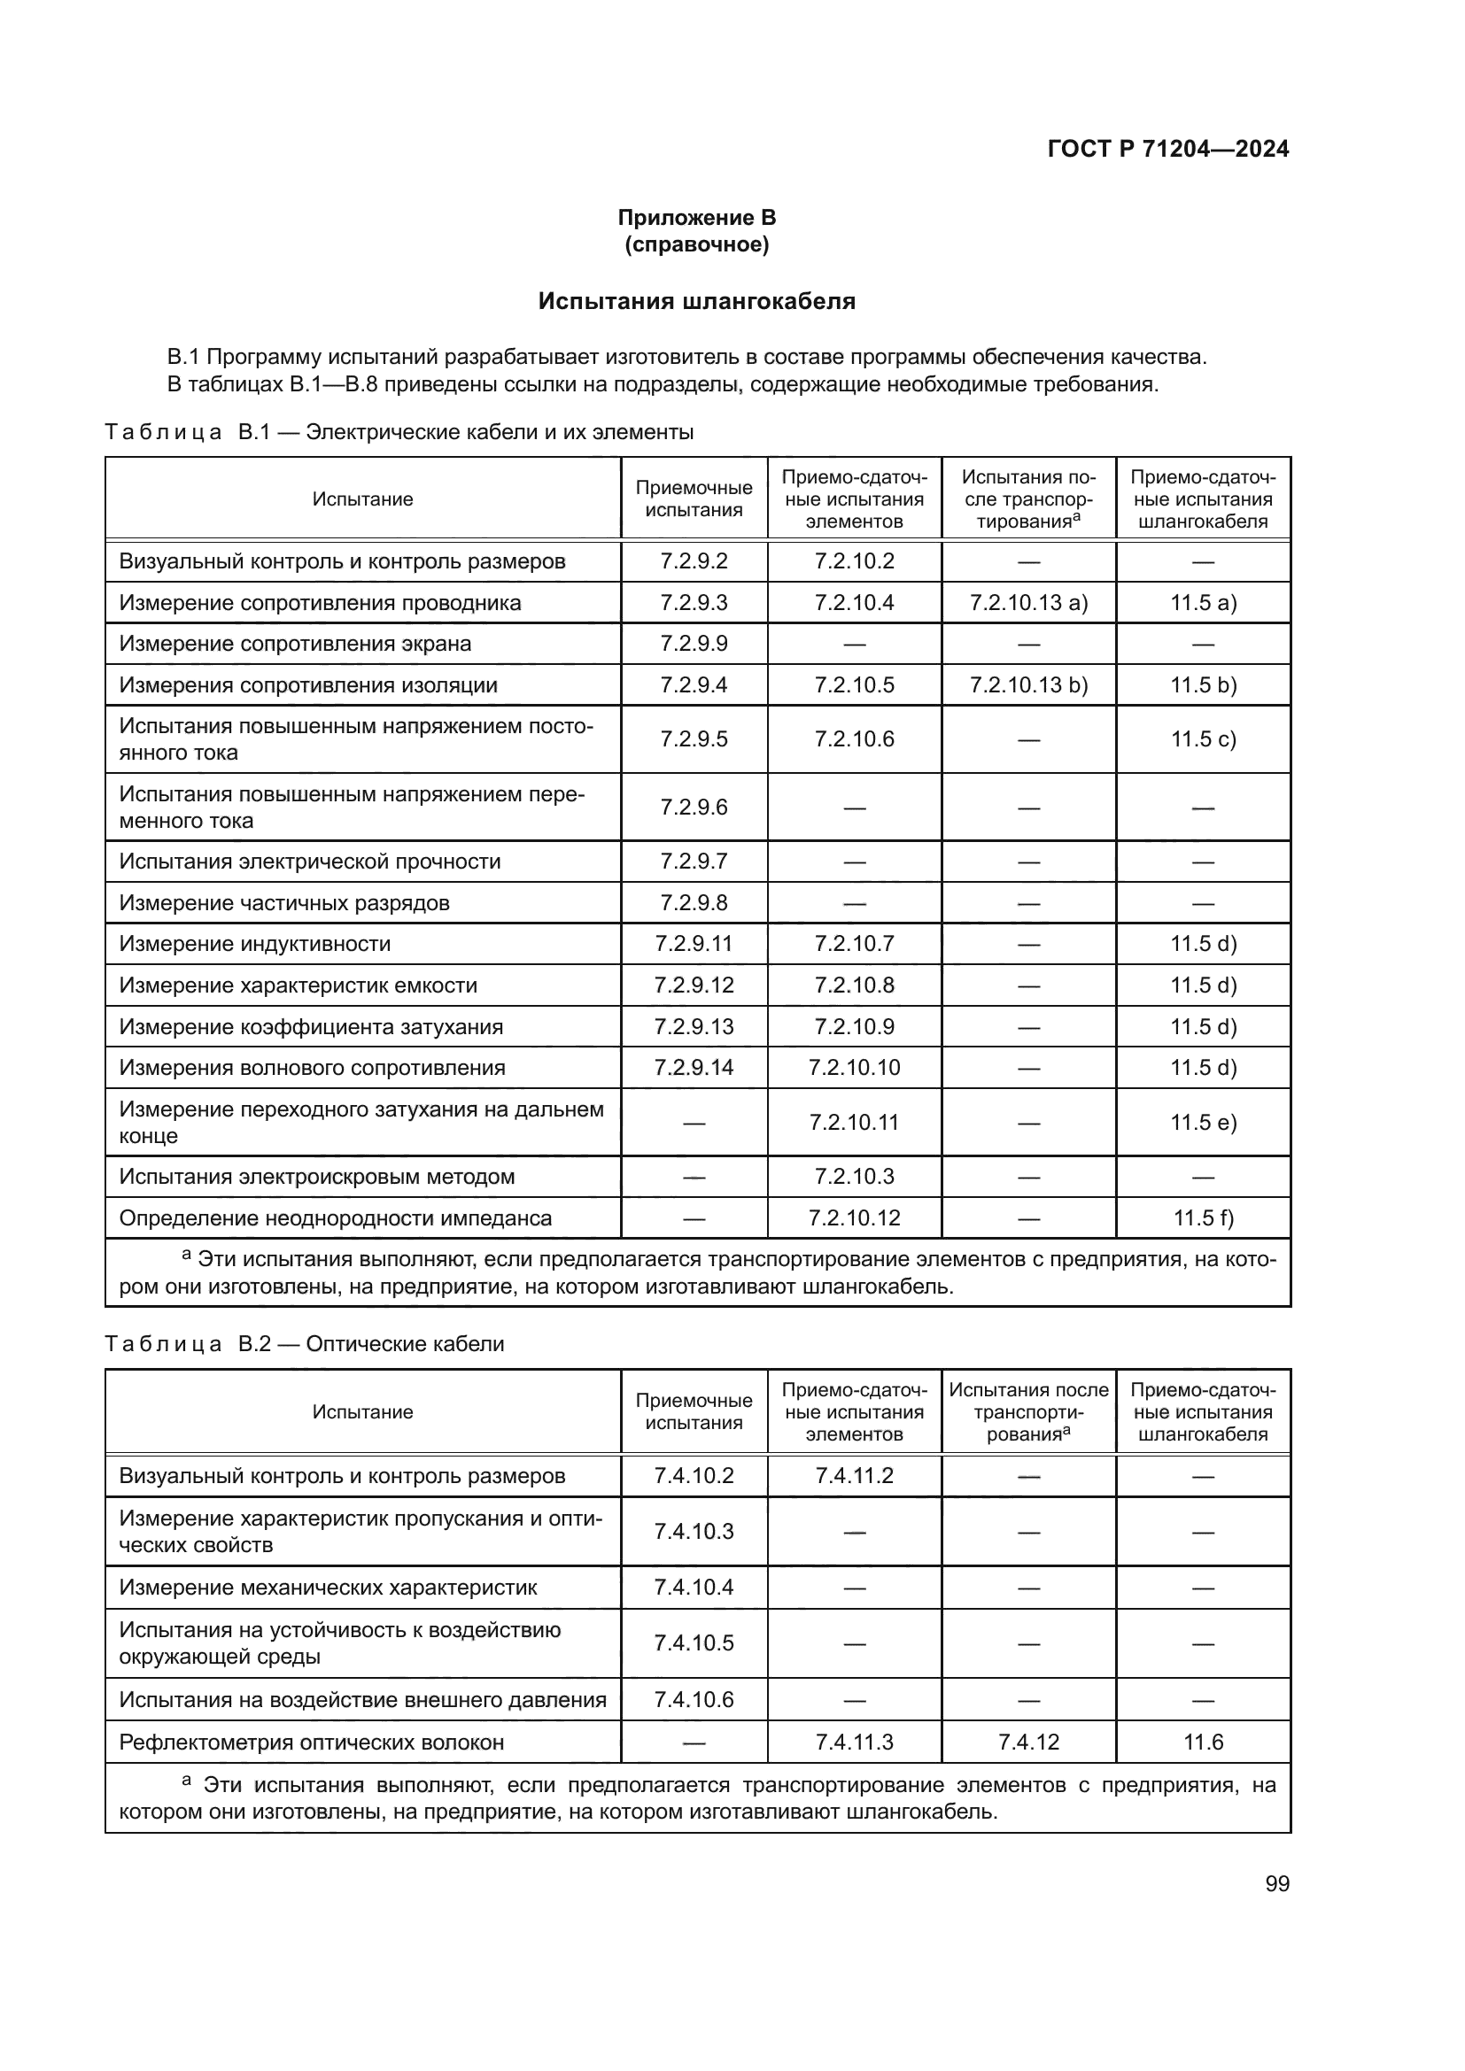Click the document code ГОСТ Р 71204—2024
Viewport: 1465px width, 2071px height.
(x=1167, y=149)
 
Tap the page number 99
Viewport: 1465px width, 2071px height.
(x=1276, y=1883)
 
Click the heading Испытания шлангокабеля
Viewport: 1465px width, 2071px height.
(x=696, y=301)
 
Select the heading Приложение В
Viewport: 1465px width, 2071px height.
(x=696, y=218)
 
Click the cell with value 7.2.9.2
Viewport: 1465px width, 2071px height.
(x=693, y=561)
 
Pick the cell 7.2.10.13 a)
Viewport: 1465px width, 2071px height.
(x=1028, y=603)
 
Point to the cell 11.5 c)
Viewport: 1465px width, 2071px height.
(x=1203, y=738)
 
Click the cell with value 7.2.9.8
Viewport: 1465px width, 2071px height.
(x=693, y=903)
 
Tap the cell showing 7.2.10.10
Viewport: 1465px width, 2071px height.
(x=853, y=1067)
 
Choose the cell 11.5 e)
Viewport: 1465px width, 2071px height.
(x=1203, y=1122)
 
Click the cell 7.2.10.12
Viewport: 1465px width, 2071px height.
(x=853, y=1217)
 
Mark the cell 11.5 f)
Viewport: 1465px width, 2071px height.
(x=1203, y=1217)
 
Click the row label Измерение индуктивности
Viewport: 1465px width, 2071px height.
(x=254, y=944)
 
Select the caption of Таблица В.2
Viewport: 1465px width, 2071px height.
(x=304, y=1344)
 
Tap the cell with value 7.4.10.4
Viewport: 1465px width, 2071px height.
(x=693, y=1588)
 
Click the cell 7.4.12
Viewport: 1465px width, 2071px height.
(x=1028, y=1742)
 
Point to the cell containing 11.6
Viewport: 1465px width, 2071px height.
(x=1203, y=1742)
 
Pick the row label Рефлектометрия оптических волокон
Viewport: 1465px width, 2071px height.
(x=311, y=1742)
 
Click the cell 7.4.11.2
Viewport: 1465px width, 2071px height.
(x=853, y=1476)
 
